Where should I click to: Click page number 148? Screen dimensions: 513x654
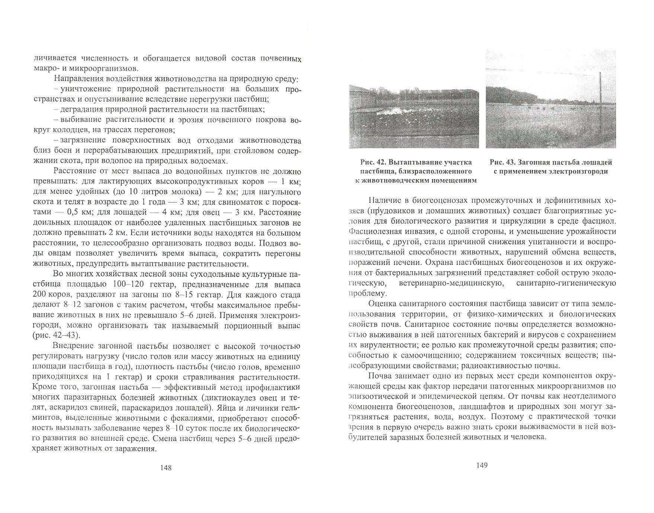coord(165,468)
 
